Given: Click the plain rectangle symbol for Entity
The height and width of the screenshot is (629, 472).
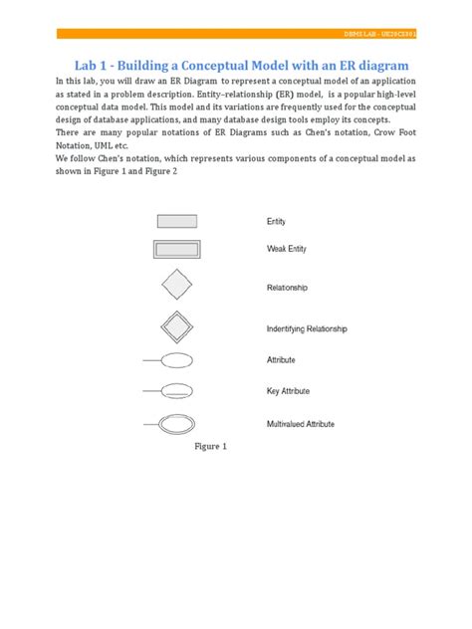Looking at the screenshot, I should click(177, 221).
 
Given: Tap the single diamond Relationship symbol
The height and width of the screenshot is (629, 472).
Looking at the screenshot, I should click(177, 286).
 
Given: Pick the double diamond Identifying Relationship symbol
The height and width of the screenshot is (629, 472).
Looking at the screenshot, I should click(177, 327).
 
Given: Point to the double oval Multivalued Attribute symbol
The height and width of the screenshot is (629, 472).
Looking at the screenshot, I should click(177, 423).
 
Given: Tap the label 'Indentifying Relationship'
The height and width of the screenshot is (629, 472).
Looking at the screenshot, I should click(320, 328).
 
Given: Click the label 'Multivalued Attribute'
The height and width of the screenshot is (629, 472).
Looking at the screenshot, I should click(313, 424).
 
